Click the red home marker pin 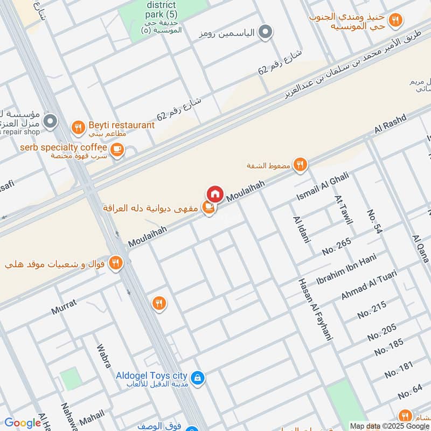pos(214,193)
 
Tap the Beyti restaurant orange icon pos(79,128)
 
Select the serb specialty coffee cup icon pos(116,149)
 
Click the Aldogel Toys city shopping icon pos(198,377)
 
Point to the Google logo pos(22,423)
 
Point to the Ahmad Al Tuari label pos(369,285)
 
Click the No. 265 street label pos(336,246)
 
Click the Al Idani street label pos(302,230)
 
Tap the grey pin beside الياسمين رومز pos(265,33)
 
